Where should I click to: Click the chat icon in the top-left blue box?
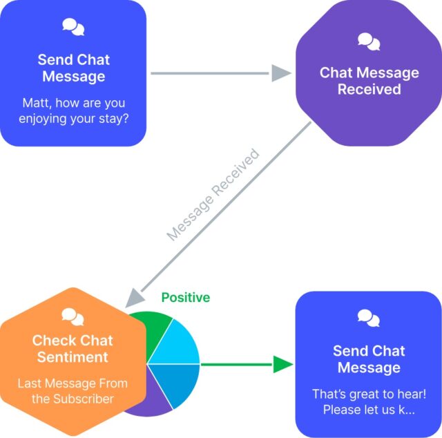click(x=73, y=27)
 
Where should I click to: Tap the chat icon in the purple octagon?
click(x=369, y=42)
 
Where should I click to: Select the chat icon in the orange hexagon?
click(x=73, y=316)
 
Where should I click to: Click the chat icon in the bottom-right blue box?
click(x=369, y=318)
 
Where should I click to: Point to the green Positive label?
click(x=185, y=298)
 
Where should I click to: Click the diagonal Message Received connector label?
click(x=213, y=194)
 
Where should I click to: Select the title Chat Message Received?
click(x=369, y=81)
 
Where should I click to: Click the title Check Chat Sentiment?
click(x=73, y=349)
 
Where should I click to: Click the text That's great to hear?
click(x=369, y=394)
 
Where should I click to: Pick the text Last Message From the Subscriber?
click(x=73, y=391)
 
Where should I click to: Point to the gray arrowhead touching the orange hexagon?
click(x=133, y=299)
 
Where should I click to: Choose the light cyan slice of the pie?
click(x=179, y=343)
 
